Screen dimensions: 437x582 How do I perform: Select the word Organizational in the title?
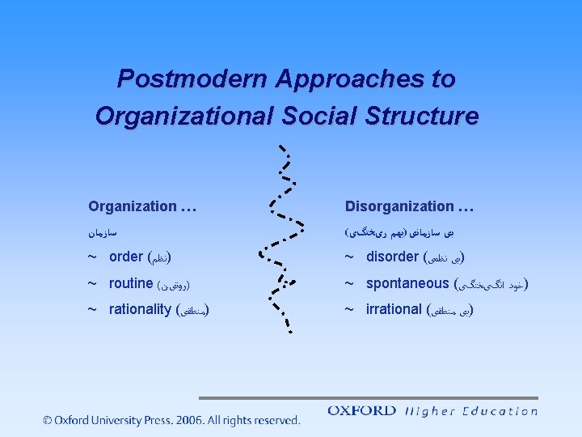185,116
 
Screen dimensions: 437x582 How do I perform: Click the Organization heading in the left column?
133,206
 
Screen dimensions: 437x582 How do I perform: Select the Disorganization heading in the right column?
399,206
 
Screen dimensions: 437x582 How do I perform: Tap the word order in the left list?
125,257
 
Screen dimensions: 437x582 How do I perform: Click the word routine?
131,283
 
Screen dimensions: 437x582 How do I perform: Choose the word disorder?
392,257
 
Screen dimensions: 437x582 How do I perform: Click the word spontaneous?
407,283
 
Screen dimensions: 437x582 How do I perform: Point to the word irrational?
394,309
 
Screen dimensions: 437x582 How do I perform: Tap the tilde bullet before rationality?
93,309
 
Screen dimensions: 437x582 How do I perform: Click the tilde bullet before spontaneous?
350,283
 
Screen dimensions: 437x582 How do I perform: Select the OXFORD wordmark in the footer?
361,411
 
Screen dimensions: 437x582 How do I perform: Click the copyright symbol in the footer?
48,420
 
